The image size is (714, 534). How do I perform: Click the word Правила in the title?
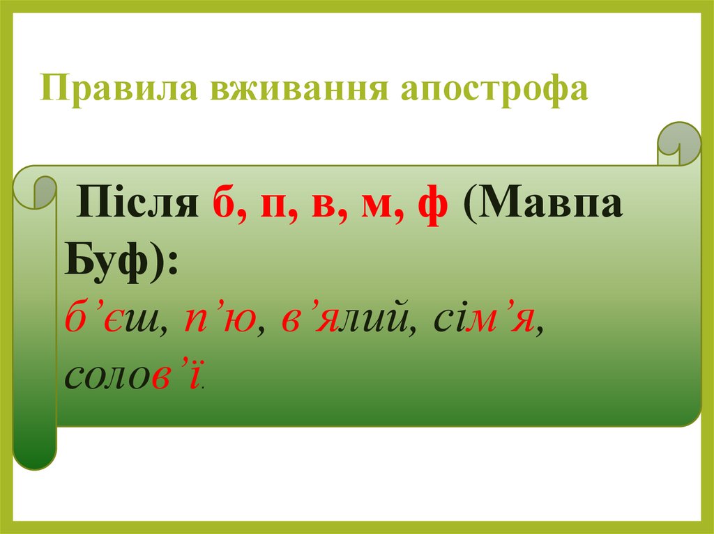[x=119, y=88]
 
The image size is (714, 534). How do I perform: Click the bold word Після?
[x=137, y=201]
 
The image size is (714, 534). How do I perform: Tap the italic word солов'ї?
[x=132, y=375]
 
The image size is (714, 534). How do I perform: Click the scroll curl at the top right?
[x=679, y=143]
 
